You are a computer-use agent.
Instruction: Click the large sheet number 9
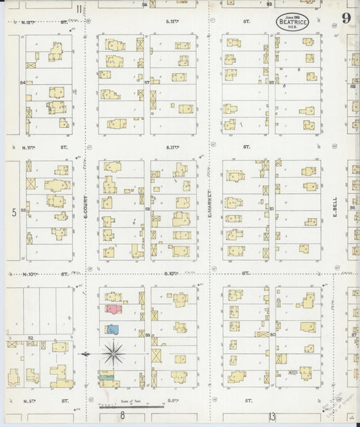(345, 18)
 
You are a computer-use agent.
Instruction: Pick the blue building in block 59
(113, 330)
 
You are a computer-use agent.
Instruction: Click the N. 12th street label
(29, 22)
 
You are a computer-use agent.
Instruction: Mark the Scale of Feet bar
(131, 407)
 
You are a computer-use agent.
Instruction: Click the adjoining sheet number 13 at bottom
(272, 416)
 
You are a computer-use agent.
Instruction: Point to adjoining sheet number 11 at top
(80, 9)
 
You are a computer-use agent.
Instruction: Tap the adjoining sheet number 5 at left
(14, 212)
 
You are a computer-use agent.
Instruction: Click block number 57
(147, 82)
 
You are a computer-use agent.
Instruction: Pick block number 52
(30, 337)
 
